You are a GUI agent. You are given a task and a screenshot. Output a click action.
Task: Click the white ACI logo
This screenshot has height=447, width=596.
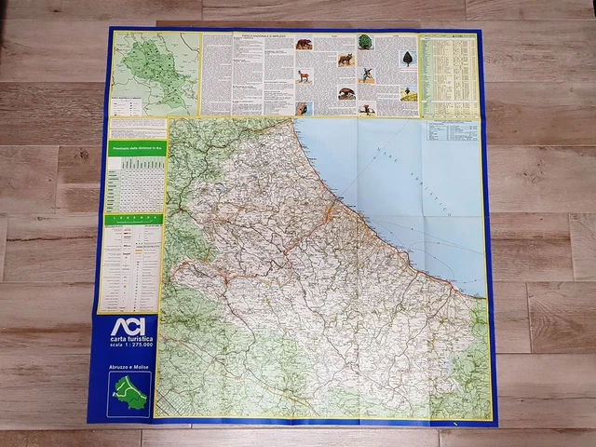(129, 328)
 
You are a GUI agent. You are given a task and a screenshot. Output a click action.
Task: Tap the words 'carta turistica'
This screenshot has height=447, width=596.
(129, 342)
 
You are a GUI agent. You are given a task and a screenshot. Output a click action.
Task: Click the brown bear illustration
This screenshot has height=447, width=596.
(305, 44)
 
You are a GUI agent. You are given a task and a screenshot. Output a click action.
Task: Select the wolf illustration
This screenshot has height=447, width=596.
(345, 60)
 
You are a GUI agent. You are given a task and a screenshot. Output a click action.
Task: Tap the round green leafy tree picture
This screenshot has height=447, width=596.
(365, 42)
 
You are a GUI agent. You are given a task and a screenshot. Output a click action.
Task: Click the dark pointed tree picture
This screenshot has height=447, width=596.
(407, 58)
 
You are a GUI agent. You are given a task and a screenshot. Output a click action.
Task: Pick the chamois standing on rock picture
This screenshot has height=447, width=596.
(305, 75)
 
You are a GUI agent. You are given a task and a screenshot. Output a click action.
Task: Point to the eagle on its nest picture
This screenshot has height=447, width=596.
(368, 108)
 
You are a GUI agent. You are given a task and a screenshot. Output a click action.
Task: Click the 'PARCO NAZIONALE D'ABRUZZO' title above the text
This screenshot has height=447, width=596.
(249, 38)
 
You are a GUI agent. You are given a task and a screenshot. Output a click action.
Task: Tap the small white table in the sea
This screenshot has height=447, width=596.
(453, 132)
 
